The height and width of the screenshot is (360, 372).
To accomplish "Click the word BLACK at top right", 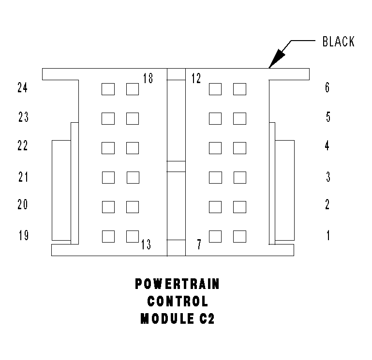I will click(339, 42).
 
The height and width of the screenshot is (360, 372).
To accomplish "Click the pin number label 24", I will click(23, 88).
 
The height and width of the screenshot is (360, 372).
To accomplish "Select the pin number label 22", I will click(23, 146).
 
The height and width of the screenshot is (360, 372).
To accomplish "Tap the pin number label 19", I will click(23, 236).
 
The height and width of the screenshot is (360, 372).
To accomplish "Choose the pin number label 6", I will click(327, 88).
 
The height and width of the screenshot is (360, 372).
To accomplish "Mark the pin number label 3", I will click(328, 177).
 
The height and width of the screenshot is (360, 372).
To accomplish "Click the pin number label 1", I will click(328, 236).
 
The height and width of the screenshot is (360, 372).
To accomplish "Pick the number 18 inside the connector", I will click(148, 78).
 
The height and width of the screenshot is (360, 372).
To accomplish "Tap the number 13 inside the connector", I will click(146, 245).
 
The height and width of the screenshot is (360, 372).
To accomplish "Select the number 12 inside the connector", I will click(196, 78).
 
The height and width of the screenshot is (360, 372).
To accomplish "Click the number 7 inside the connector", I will click(199, 245).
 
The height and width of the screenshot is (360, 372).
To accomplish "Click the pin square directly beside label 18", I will click(133, 89).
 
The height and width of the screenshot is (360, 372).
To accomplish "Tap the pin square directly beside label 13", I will click(133, 236).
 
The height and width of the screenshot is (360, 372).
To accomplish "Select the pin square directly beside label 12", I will click(215, 89).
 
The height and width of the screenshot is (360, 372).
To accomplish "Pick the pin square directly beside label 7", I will click(215, 236).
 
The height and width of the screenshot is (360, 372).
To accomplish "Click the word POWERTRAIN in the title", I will click(177, 285).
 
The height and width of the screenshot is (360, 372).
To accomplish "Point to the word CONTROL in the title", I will click(178, 302).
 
